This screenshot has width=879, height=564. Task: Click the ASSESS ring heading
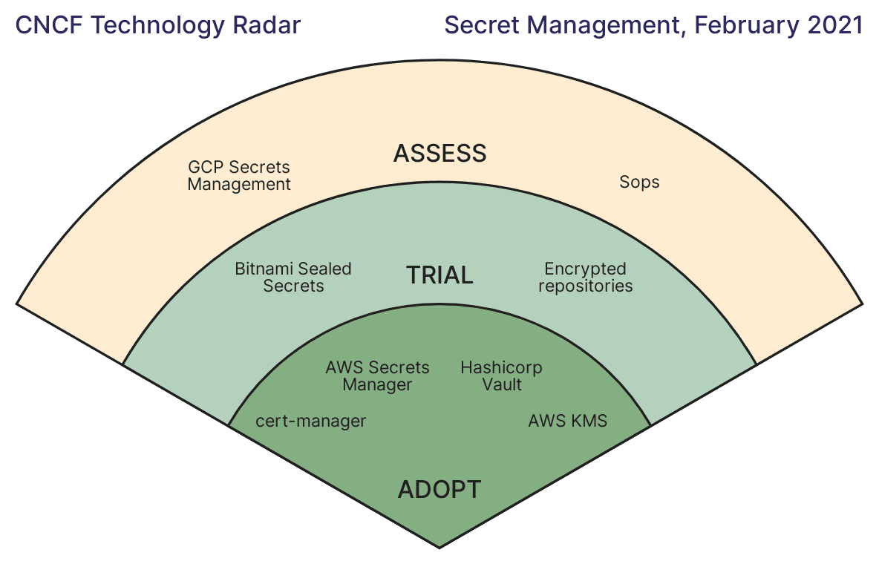point(439,154)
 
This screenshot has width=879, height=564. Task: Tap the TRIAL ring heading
point(439,275)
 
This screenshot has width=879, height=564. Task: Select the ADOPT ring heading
point(439,490)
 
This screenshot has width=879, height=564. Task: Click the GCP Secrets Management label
point(238,176)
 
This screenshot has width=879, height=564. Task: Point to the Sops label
point(639,182)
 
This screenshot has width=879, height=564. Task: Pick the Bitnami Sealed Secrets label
point(293,277)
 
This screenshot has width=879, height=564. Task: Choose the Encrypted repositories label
point(585,277)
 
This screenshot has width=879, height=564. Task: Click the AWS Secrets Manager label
point(377,376)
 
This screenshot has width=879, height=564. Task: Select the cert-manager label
point(310,422)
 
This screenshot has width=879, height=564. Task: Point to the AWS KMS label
point(567,422)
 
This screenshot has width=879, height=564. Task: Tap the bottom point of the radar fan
point(439,547)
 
